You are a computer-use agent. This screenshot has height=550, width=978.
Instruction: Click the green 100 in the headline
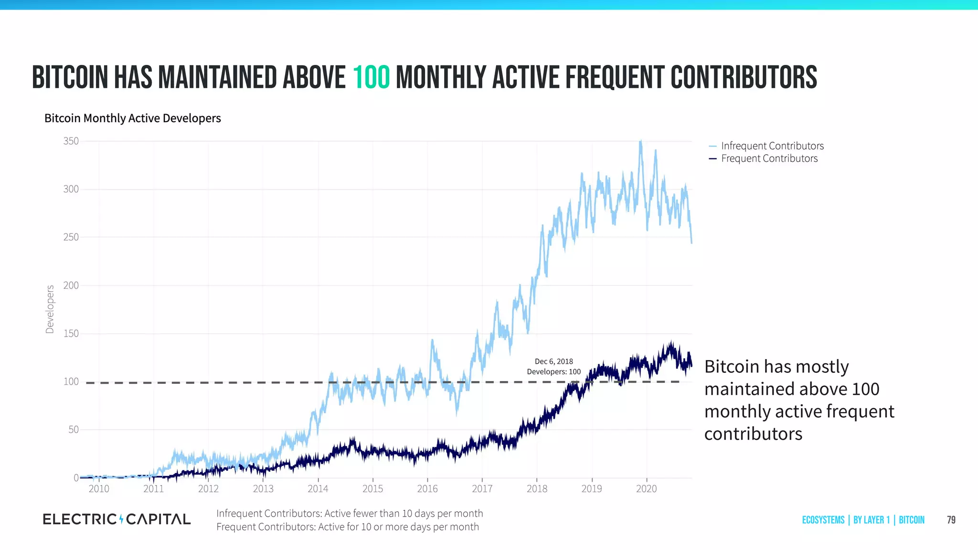(372, 78)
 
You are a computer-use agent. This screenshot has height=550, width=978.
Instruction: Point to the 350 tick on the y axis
(71, 141)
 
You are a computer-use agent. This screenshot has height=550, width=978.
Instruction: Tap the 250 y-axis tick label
(71, 237)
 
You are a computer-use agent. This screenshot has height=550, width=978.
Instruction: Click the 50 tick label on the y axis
(74, 429)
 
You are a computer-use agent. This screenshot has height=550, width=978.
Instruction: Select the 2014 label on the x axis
(318, 488)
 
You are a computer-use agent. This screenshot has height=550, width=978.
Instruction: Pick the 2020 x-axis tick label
(646, 488)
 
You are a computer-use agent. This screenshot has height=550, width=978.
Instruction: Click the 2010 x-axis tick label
(99, 488)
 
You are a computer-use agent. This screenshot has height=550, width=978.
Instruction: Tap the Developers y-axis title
(50, 309)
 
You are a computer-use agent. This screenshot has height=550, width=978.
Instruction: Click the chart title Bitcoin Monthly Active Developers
(133, 118)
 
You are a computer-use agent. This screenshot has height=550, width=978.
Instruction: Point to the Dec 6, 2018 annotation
(553, 361)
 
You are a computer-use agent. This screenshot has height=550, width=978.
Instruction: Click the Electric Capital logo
(117, 519)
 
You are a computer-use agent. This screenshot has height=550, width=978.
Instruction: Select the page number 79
(951, 520)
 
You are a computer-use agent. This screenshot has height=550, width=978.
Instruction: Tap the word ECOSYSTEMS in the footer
(823, 520)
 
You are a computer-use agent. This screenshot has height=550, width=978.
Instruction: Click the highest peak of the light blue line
(640, 141)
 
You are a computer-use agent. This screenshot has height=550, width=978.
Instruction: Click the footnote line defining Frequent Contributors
(347, 527)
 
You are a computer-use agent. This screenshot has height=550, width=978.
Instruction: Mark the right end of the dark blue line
(691, 367)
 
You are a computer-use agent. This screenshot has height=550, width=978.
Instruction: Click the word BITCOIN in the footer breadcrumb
(911, 520)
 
